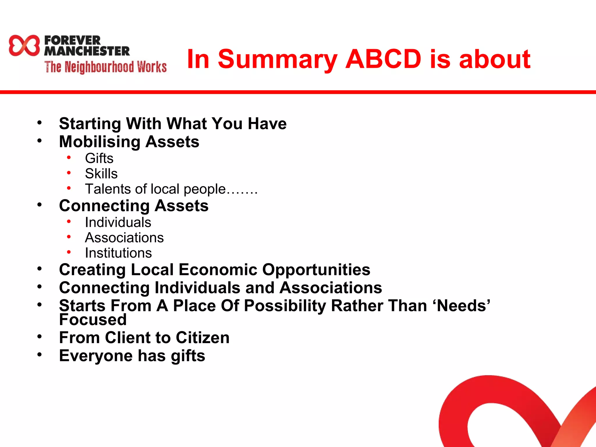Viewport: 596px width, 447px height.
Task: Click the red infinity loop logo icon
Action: [24, 45]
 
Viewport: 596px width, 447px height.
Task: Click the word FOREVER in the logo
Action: [72, 40]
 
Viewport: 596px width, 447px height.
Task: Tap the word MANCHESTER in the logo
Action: [87, 51]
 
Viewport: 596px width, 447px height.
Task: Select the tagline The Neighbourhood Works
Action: [105, 67]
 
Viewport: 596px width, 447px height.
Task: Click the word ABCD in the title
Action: [383, 59]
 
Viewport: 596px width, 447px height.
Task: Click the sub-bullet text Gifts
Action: [99, 159]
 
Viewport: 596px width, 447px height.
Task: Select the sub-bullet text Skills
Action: [101, 174]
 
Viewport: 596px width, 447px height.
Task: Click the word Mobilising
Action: [100, 142]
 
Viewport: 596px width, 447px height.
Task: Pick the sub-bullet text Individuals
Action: [118, 223]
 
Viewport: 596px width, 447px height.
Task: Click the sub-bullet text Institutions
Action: [118, 253]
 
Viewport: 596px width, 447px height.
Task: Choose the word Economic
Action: [218, 269]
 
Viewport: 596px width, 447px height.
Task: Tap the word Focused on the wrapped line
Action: [93, 320]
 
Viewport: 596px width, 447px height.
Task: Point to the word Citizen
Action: [203, 338]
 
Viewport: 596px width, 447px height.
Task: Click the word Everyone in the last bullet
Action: [96, 356]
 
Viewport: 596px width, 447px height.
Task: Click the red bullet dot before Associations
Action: [69, 237]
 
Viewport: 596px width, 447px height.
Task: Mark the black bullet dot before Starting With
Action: [39, 123]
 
